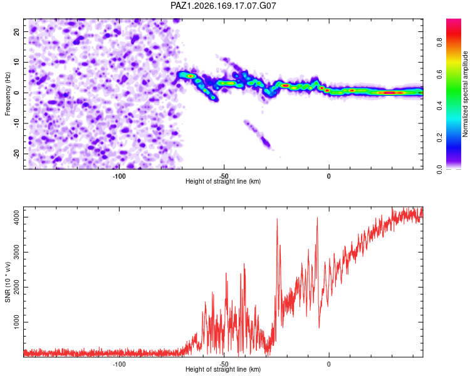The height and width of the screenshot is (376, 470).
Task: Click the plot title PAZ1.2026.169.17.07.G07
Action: pos(223,6)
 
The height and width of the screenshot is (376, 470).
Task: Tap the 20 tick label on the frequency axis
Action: pos(17,32)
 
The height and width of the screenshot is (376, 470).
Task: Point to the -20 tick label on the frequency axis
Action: pos(17,154)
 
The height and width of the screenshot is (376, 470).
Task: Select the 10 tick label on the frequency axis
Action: pos(17,62)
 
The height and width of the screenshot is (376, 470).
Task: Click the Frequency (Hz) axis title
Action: pos(8,93)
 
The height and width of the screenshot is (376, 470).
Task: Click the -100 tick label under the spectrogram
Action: pos(119,176)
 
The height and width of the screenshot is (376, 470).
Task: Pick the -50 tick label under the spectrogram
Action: pos(224,176)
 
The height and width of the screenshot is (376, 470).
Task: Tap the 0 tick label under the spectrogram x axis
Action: pos(329,176)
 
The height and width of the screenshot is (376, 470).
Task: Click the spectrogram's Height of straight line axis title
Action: pos(223,181)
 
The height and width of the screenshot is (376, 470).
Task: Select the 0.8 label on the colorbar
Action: pos(439,42)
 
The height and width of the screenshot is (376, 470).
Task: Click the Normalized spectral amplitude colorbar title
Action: pos(465,94)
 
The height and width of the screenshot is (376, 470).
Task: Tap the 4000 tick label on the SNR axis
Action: pos(17,217)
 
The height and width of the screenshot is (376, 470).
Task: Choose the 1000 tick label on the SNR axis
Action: pos(17,322)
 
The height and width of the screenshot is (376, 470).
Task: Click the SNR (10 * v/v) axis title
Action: pos(8,282)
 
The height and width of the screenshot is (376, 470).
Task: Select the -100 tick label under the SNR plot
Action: pos(119,364)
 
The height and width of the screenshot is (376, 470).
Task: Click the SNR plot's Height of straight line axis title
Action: pos(223,369)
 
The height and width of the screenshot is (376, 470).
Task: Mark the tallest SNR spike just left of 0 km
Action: pos(317,218)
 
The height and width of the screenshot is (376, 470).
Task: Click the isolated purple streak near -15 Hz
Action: pos(257,134)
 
